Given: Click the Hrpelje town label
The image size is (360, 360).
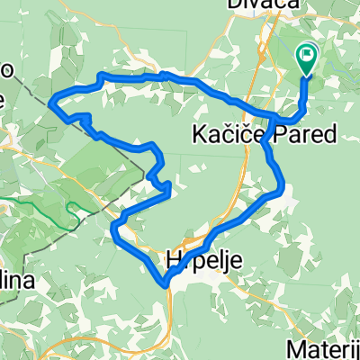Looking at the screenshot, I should [x=202, y=260].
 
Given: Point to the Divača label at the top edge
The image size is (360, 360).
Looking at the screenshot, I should [x=280, y=5].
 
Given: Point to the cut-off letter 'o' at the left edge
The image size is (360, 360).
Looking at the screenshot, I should [x=5, y=72].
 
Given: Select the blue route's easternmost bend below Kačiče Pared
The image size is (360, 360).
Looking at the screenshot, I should [x=283, y=189].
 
